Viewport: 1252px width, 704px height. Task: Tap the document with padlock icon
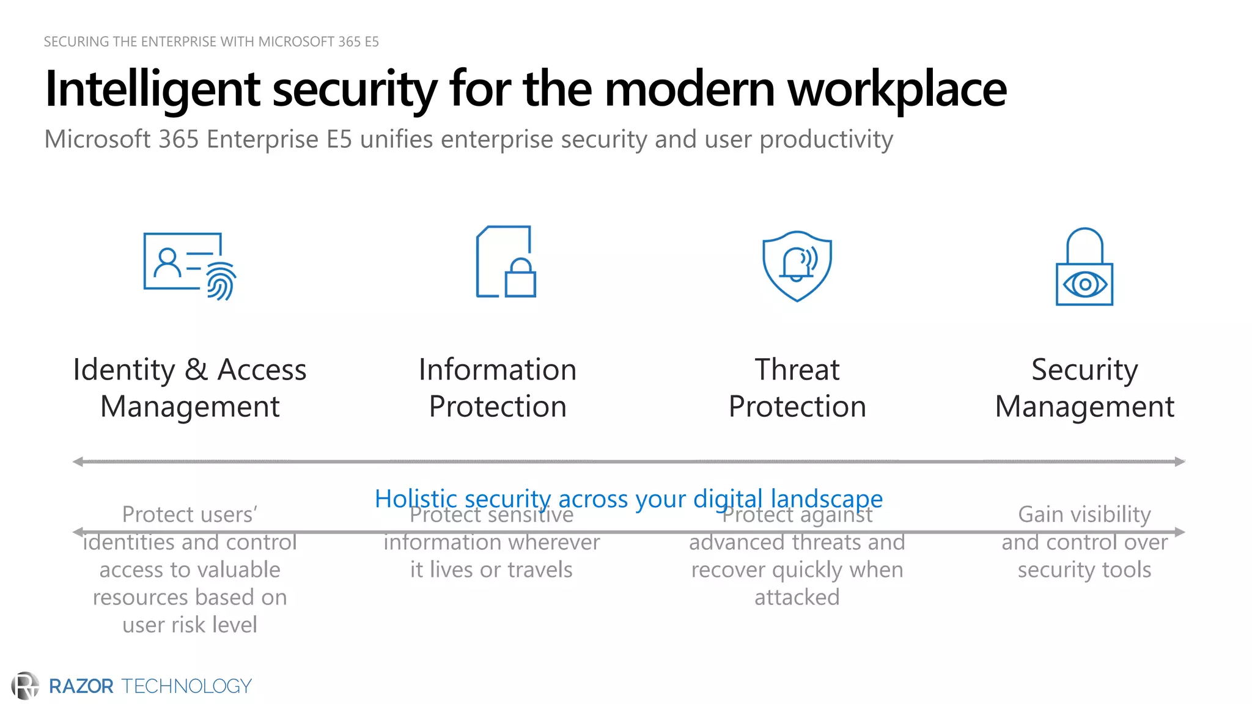(506, 262)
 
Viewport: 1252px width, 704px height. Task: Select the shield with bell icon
(797, 266)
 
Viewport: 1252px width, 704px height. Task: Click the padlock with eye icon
(1084, 267)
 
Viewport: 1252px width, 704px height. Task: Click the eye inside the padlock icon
(1084, 284)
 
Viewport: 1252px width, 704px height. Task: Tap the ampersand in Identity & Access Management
(196, 370)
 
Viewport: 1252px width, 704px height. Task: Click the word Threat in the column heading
(797, 370)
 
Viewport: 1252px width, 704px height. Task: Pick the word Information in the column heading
(498, 370)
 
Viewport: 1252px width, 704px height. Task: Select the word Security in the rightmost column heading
(1084, 370)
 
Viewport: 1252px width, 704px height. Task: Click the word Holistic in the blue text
(416, 499)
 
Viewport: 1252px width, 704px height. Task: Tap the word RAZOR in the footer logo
(81, 686)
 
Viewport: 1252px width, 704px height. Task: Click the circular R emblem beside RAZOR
(25, 686)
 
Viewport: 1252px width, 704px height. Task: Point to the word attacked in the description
(797, 597)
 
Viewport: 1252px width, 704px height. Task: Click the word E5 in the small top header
(372, 42)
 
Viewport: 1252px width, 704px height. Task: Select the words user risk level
(190, 625)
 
